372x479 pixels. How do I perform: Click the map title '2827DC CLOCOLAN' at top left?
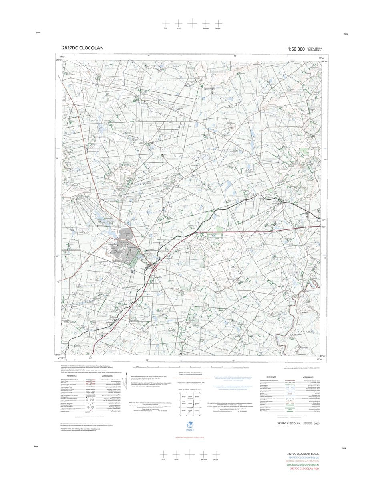pos(82,48)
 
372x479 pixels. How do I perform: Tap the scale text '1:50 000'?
pos(296,49)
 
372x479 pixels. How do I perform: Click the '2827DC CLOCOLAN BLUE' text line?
pos(304,457)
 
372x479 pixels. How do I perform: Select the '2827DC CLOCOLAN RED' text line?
pos(304,469)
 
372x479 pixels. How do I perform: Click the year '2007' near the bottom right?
pos(317,424)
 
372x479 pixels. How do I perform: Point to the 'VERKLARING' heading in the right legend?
pos(308,377)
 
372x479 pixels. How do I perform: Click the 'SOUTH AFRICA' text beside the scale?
pos(314,48)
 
